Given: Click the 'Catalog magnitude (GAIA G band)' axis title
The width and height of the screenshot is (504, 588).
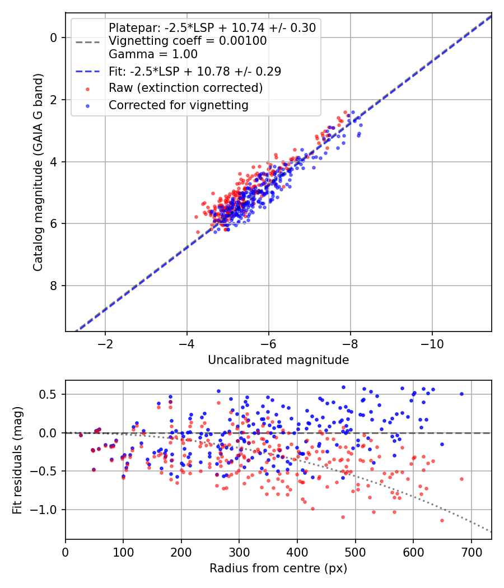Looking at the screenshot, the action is click(x=38, y=172).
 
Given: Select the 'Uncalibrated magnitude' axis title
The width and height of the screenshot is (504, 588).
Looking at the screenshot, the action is click(x=278, y=360).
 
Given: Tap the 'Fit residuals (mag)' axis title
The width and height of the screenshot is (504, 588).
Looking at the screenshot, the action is click(x=17, y=460).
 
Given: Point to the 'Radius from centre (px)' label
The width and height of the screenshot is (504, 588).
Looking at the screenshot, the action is click(x=278, y=568).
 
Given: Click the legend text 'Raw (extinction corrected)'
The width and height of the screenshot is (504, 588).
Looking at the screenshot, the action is click(x=185, y=88).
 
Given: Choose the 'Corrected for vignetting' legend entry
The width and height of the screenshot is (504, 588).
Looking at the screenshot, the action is click(x=179, y=105).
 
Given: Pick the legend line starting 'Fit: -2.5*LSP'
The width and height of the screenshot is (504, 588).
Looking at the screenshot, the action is click(x=195, y=71).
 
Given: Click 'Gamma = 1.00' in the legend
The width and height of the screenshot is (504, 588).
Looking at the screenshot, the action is click(x=153, y=54).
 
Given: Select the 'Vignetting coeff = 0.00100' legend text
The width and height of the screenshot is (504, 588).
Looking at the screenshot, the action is click(x=188, y=41).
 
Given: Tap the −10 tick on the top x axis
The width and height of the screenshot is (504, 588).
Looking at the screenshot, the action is click(x=432, y=344).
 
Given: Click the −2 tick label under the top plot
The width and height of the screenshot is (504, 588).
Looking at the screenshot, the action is click(x=105, y=344).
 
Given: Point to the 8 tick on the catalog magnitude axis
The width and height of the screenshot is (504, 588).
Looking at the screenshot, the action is click(x=53, y=286).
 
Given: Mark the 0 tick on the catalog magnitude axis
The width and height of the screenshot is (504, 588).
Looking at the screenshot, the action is click(x=53, y=38).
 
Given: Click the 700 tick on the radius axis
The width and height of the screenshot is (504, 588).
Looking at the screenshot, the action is click(x=472, y=552).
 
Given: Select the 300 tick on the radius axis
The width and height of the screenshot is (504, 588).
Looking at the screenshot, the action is click(x=239, y=552).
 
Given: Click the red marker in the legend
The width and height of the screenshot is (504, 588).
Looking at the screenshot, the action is click(x=88, y=89).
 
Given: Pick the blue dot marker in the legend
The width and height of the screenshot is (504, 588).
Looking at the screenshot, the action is click(x=88, y=106).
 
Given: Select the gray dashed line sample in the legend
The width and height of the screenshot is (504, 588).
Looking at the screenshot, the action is click(x=88, y=42).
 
